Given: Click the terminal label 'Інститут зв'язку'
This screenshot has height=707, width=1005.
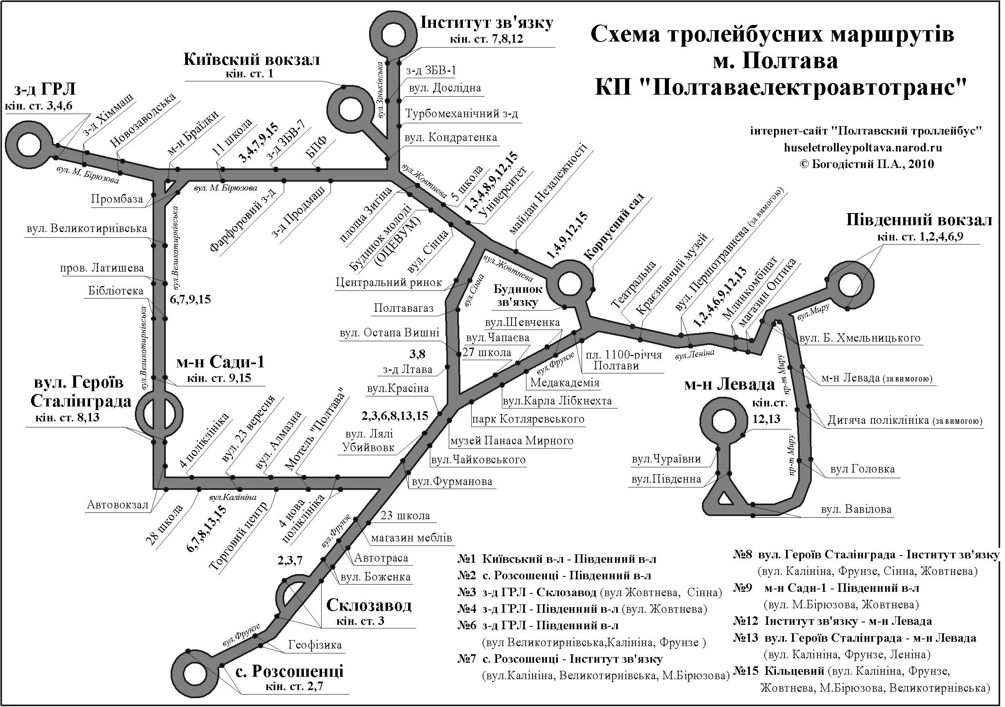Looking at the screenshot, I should pyautogui.click(x=487, y=23).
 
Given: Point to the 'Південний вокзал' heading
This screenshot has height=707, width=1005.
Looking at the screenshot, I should pyautogui.click(x=919, y=220).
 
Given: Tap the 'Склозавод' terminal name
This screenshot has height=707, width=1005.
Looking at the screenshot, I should pyautogui.click(x=369, y=605).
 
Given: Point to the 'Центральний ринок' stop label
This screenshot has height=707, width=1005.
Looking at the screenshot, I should pyautogui.click(x=389, y=282).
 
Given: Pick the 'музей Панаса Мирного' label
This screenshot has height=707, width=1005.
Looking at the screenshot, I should pyautogui.click(x=512, y=441).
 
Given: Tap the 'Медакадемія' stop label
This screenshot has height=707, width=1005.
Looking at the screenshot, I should pyautogui.click(x=564, y=383).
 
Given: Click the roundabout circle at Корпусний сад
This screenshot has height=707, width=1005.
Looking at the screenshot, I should pyautogui.click(x=572, y=284).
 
